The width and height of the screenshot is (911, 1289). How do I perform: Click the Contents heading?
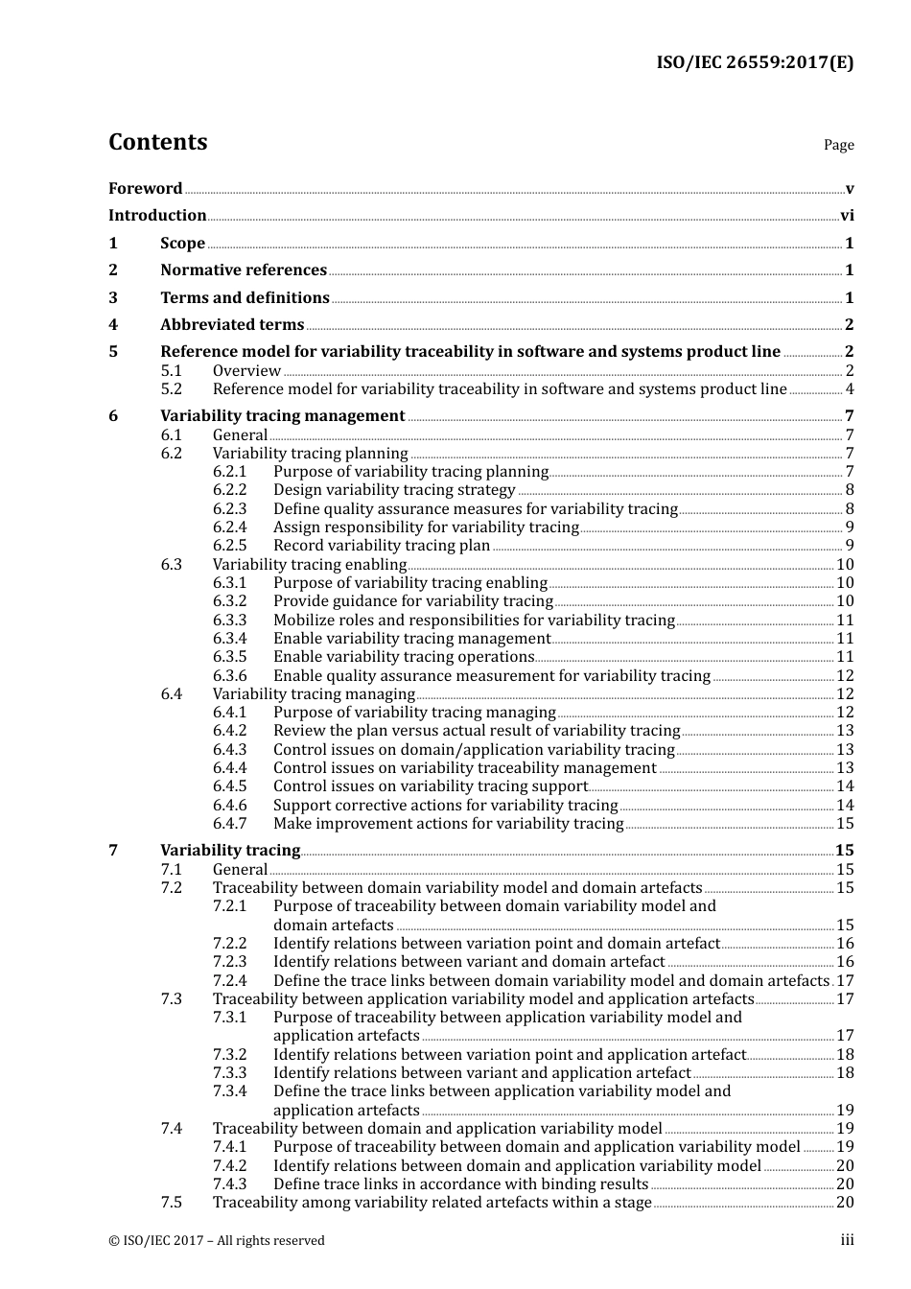[157, 142]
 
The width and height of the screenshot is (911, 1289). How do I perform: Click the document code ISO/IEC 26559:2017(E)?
[754, 63]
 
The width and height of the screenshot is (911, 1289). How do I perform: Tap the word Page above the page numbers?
[838, 145]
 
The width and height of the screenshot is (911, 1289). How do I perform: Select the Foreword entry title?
[145, 189]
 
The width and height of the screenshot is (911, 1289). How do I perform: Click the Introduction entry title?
[157, 216]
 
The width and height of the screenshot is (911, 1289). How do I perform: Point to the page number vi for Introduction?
[847, 216]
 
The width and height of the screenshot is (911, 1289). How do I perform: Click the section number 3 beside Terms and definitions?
[113, 298]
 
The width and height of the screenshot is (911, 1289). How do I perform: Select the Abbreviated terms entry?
[232, 325]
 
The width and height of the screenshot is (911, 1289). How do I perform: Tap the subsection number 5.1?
[172, 371]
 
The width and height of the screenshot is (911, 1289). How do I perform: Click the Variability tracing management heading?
[282, 416]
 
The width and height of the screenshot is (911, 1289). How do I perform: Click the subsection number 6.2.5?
[229, 546]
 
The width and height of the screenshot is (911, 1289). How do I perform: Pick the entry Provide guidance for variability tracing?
[412, 601]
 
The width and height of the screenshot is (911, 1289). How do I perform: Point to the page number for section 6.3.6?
[845, 676]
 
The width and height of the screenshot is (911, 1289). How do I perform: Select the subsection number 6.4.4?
[229, 768]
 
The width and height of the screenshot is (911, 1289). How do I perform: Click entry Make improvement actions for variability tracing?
[448, 824]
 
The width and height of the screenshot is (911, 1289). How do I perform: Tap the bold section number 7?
[113, 851]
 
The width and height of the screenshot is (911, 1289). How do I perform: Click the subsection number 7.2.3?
[229, 962]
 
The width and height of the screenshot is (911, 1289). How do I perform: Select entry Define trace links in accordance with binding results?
[460, 1184]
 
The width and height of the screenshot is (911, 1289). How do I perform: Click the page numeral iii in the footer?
[847, 1240]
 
